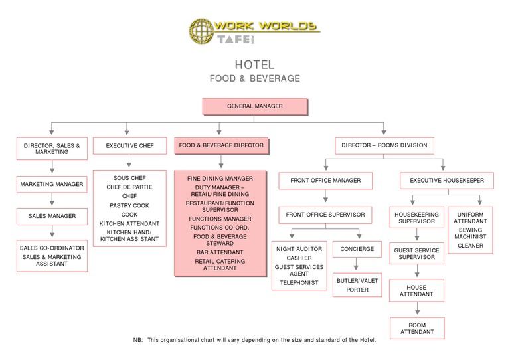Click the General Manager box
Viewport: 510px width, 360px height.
[255, 106]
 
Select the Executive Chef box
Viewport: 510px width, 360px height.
[130, 145]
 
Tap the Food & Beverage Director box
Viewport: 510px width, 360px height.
[221, 145]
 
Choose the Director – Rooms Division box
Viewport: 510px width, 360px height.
[384, 145]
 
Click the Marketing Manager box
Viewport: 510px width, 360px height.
[52, 184]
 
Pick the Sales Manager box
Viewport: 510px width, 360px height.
[52, 216]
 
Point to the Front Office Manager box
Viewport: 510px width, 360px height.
[325, 181]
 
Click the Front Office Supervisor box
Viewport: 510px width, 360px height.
[325, 215]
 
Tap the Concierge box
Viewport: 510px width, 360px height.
[357, 249]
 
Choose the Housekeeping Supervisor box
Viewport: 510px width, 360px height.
[416, 218]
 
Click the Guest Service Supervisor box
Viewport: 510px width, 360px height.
[416, 254]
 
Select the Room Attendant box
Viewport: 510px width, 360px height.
[416, 327]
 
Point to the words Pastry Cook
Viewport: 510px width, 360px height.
[129, 205]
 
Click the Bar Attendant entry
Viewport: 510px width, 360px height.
[220, 253]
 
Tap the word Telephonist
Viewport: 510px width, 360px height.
[299, 282]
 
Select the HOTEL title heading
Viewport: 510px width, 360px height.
[254, 65]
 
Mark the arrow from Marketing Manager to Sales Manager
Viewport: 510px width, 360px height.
[52, 200]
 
